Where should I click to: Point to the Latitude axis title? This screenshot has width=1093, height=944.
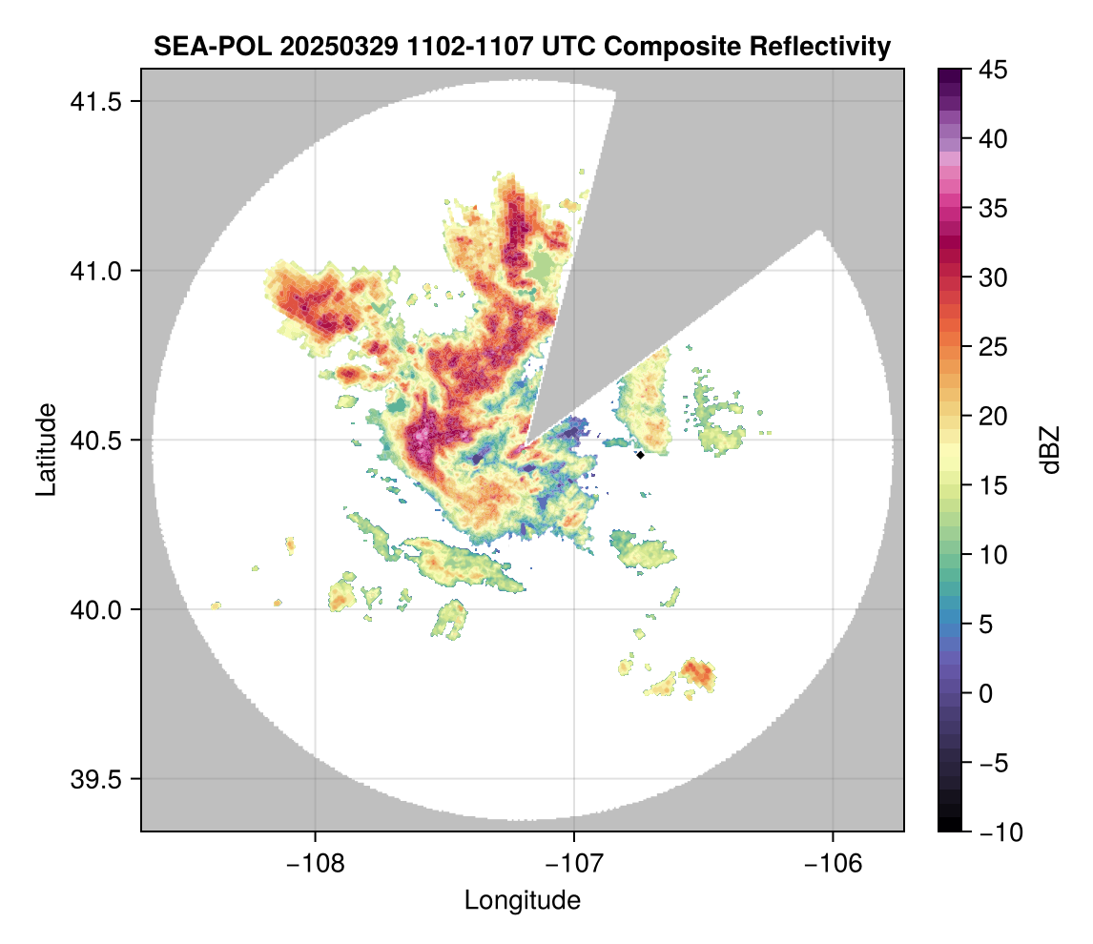point(46,448)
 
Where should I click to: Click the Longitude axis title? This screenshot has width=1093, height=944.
point(522,899)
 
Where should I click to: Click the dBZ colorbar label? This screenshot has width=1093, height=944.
point(1050,450)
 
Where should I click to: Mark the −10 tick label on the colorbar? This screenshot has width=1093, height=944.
point(1000,832)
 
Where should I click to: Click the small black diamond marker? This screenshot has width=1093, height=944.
point(641,455)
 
